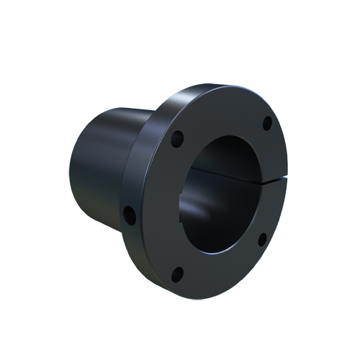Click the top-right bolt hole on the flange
point(267,123)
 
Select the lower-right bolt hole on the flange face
point(262,238)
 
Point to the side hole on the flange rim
point(129,213)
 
